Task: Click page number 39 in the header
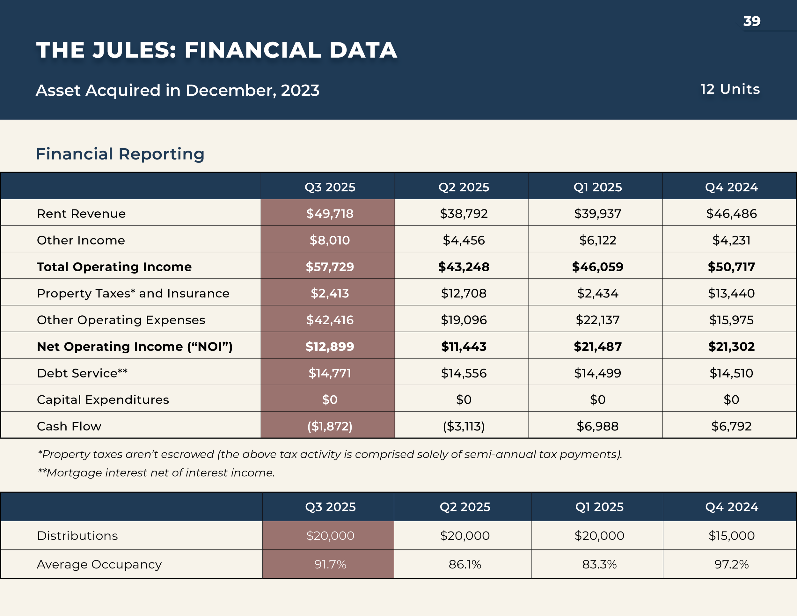[x=752, y=21]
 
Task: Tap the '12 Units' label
[x=730, y=89]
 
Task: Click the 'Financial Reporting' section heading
[x=120, y=154]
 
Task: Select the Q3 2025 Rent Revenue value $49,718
[x=330, y=214]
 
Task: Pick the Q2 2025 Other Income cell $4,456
[x=464, y=240]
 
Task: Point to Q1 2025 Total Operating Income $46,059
[x=597, y=267]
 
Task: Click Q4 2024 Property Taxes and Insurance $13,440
[x=731, y=293]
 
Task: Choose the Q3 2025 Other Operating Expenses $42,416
[x=330, y=320]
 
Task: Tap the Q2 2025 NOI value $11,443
[x=464, y=347]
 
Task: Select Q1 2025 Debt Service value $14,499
[x=597, y=373]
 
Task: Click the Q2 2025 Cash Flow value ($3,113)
[x=464, y=426]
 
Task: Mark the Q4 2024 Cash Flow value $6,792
[x=731, y=426]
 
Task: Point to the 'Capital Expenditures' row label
[x=103, y=400]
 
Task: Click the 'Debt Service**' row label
[x=82, y=373]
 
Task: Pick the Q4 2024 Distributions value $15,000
[x=731, y=536]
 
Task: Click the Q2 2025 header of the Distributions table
[x=464, y=507]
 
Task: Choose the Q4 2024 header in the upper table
[x=731, y=187]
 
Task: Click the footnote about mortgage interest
[x=156, y=473]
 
